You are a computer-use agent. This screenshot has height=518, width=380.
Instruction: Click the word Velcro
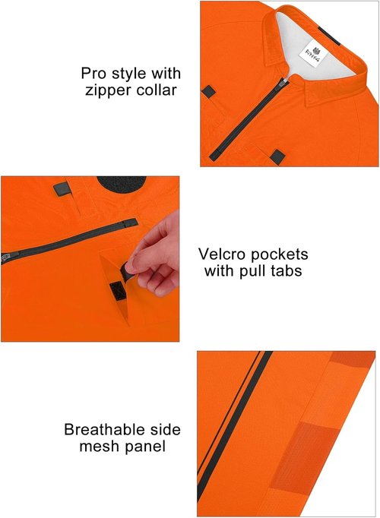(x=222, y=254)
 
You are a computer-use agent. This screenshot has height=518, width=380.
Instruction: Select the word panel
(x=145, y=447)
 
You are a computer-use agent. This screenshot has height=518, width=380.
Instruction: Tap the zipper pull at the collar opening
(x=282, y=82)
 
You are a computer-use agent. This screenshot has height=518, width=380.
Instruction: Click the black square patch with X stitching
(x=116, y=292)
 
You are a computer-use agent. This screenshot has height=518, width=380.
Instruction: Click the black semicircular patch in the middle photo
(x=122, y=182)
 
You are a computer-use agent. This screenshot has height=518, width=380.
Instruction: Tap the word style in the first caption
(x=129, y=74)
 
